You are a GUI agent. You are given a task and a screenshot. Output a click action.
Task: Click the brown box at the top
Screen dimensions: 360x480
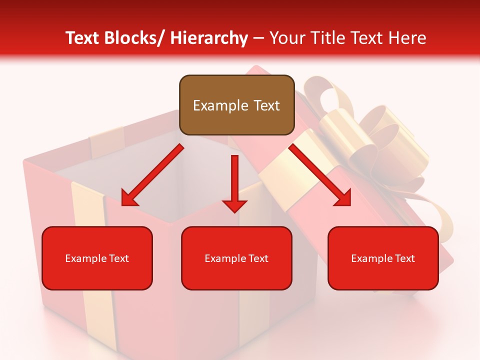(x=236, y=105)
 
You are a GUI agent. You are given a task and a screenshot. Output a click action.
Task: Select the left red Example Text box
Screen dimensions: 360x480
(x=97, y=258)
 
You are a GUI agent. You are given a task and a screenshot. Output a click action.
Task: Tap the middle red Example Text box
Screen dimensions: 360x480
(x=236, y=258)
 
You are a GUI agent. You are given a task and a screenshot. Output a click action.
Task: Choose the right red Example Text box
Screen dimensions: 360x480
(x=383, y=258)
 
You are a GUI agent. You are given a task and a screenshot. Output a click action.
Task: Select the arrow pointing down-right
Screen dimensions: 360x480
(x=320, y=175)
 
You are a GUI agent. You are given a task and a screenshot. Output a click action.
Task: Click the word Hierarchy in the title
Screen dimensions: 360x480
(x=208, y=38)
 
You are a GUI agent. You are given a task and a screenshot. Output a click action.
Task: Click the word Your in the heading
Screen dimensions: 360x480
(x=287, y=38)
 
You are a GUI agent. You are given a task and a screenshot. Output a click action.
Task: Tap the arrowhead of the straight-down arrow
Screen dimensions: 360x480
(x=234, y=205)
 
